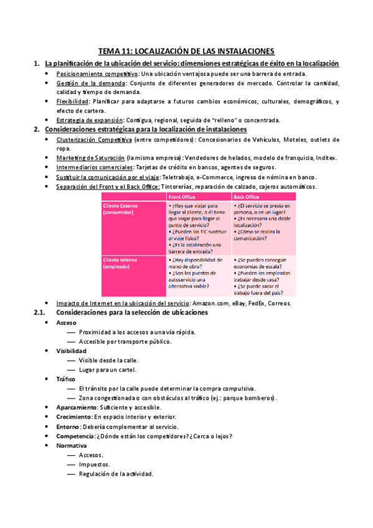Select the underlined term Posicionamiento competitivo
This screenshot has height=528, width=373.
click(x=97, y=73)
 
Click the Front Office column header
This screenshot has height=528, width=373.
click(x=183, y=197)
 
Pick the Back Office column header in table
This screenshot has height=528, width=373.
click(x=247, y=197)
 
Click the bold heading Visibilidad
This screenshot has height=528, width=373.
click(x=71, y=351)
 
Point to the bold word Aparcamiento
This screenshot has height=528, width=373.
click(x=75, y=407)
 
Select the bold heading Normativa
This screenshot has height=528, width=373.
click(x=71, y=446)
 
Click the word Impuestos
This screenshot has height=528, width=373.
click(x=95, y=464)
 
